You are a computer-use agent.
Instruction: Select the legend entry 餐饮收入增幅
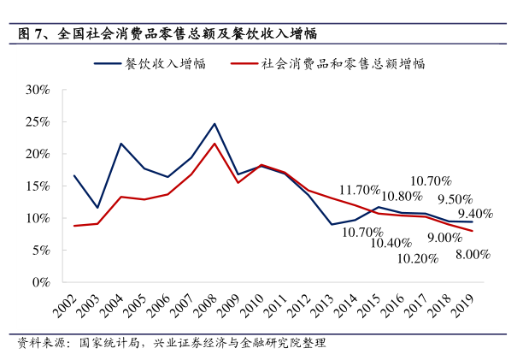[x=162, y=63]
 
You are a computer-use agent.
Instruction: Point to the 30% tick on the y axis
[x=38, y=89]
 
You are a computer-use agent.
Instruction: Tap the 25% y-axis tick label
[x=38, y=121]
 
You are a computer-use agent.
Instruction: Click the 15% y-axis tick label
[x=38, y=186]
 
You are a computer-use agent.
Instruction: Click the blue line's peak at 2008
[x=214, y=124]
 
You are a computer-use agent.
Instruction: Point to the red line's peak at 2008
[x=214, y=144]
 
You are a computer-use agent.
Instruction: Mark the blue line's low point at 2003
[x=98, y=208]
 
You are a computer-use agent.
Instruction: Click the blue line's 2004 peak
[x=121, y=144]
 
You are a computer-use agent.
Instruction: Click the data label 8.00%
[x=472, y=254]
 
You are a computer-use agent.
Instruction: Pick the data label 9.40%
[x=474, y=214]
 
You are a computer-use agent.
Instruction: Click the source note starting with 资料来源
[x=172, y=344]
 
